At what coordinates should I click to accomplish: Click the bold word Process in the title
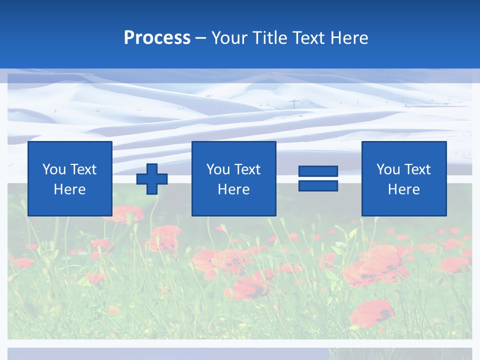(x=157, y=38)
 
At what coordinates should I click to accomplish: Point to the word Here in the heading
(x=348, y=38)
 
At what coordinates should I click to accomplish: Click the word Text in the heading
(x=306, y=38)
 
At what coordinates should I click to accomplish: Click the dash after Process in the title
(x=201, y=38)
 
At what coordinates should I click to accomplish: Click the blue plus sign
(x=152, y=179)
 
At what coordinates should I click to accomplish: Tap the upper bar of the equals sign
(x=318, y=171)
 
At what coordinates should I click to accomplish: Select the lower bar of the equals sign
(x=318, y=185)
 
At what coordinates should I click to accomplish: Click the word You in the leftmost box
(x=54, y=169)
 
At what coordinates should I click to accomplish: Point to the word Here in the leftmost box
(x=70, y=189)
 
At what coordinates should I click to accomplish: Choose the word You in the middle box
(x=218, y=169)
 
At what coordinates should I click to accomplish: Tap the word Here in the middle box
(x=234, y=189)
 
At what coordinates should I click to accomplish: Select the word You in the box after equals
(x=388, y=169)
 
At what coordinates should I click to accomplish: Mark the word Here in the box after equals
(x=404, y=189)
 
